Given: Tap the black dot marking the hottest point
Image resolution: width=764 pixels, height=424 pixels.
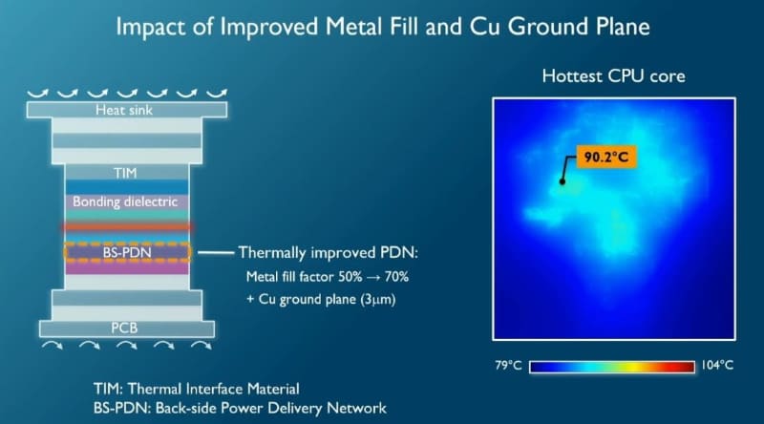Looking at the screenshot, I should (562, 180).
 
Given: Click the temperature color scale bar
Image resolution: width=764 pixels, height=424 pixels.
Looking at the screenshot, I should (612, 366).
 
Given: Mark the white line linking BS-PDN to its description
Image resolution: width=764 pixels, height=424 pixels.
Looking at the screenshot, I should (213, 253).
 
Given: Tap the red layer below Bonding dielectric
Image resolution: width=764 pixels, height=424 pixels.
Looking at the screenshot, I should (127, 227).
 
